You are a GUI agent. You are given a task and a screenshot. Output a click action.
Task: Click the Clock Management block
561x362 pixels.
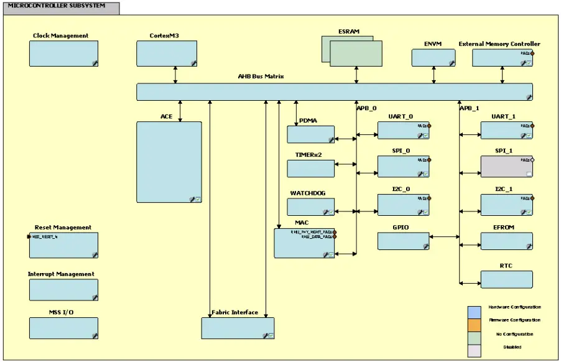pos(63,53)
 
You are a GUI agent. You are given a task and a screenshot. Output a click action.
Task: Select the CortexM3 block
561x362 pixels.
pos(167,53)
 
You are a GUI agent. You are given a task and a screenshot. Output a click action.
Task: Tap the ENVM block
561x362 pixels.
pos(433,57)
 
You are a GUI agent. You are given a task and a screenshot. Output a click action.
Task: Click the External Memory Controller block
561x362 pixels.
pos(503,57)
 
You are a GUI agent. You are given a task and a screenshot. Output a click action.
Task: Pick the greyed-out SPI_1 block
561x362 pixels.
pos(506,166)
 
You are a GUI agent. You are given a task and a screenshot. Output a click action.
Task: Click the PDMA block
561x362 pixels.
pos(310,134)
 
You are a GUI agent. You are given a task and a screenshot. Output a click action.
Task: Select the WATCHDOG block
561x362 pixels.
pos(310,207)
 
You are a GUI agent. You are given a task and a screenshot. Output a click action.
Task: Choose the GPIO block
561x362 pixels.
pos(403,241)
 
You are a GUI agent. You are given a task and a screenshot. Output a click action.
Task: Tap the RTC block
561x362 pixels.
pos(506,279)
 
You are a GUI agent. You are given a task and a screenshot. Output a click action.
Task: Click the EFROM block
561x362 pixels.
pos(506,241)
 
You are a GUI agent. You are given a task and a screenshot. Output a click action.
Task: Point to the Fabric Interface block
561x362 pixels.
pos(238,328)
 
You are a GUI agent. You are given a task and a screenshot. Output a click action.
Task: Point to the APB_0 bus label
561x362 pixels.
pos(366,108)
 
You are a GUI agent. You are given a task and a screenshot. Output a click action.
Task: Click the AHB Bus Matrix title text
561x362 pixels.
pos(261,77)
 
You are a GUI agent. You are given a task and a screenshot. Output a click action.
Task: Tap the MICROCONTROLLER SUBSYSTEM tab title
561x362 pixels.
pos(57,6)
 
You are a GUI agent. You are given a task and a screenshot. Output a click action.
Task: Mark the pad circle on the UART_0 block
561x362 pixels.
pos(429,126)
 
